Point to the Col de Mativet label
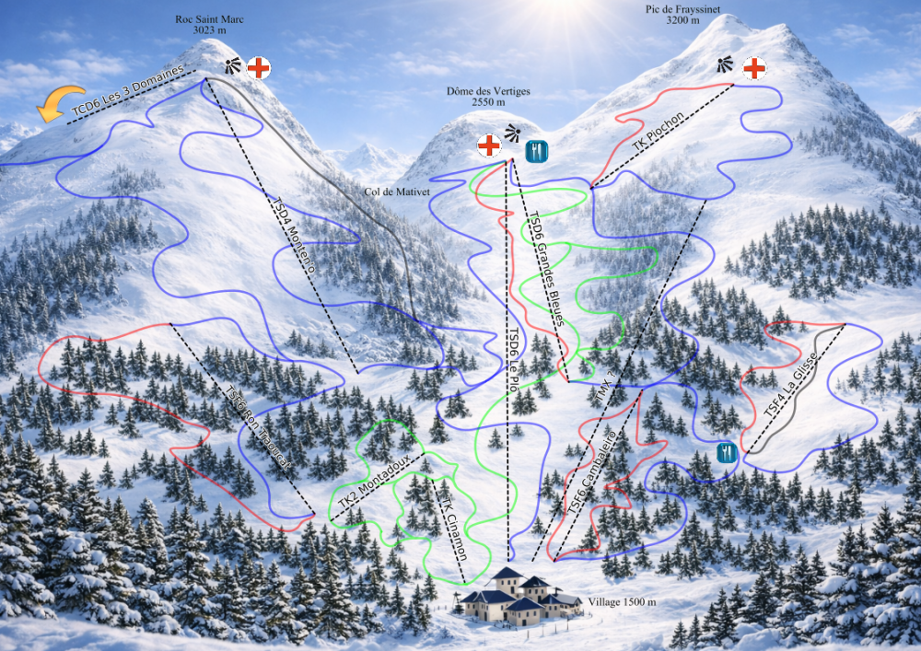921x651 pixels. click(x=385, y=193)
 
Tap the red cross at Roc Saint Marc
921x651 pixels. click(x=260, y=67)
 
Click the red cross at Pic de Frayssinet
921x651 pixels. click(x=753, y=67)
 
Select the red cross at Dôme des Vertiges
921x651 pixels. click(x=488, y=145)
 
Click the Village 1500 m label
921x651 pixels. click(x=622, y=602)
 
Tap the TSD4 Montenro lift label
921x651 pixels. click(x=295, y=235)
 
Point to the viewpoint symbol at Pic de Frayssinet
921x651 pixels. click(x=726, y=64)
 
